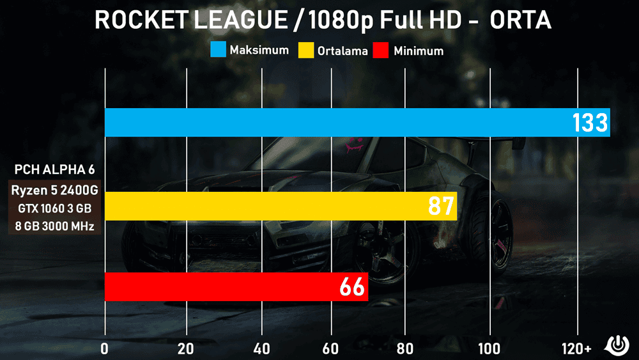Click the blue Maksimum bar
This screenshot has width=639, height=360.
coord(339,122)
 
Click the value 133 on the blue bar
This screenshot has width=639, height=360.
coord(589,122)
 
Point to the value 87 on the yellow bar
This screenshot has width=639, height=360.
coord(440,206)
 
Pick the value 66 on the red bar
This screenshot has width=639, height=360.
coord(352,287)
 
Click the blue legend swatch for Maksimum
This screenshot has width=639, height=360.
coord(219,50)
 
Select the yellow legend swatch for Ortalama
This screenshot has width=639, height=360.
coord(306,50)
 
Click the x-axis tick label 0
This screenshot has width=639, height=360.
coord(105,348)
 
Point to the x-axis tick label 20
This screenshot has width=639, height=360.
coord(186,348)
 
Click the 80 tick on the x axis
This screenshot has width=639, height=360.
coord(404,348)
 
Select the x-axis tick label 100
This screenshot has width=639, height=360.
coord(489,348)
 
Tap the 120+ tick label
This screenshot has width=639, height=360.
coord(578,348)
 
